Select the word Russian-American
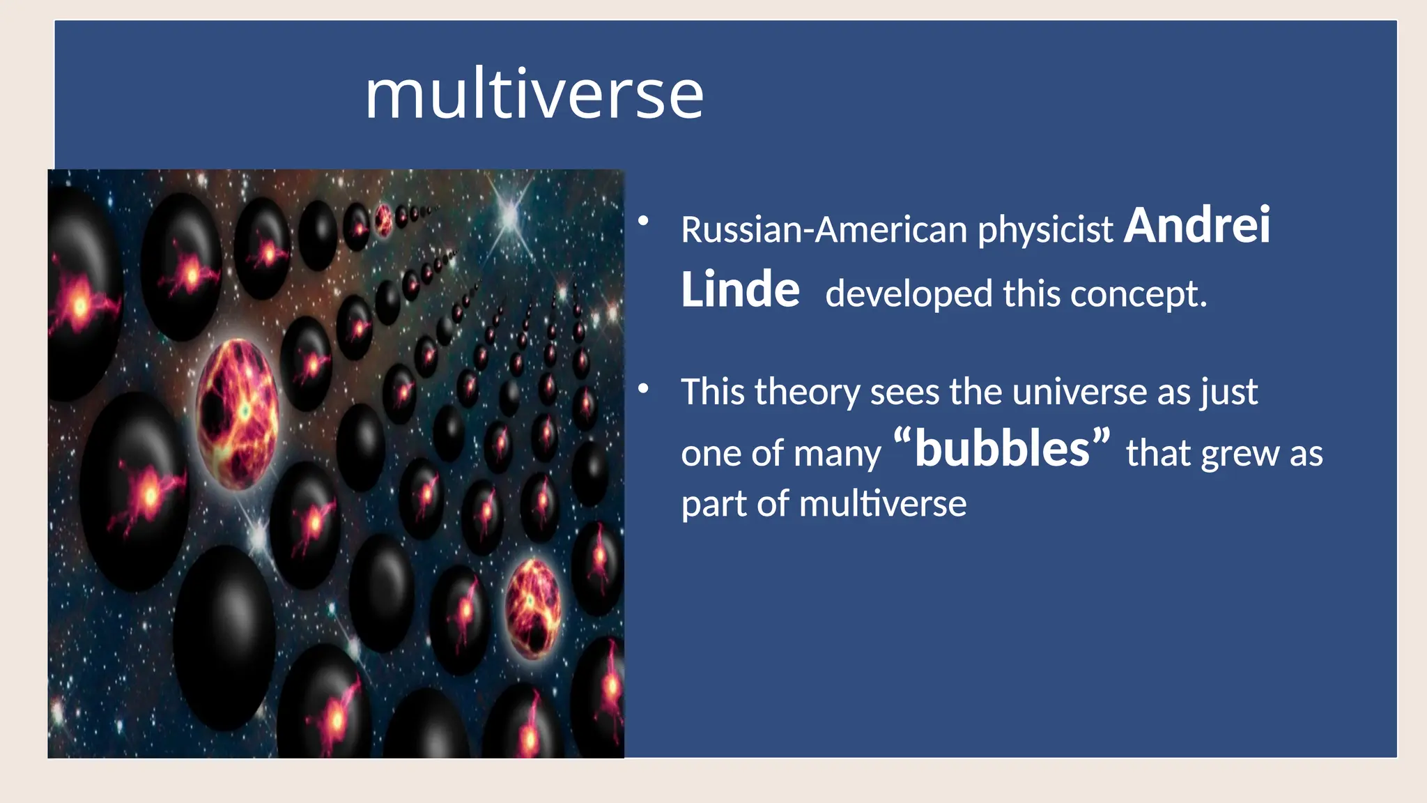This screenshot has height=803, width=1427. tap(824, 230)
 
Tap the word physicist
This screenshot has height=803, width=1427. tap(1045, 230)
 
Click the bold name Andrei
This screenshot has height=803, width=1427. tap(1197, 226)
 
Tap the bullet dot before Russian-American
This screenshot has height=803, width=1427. tap(643, 222)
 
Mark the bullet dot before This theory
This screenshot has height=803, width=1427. tap(643, 388)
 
